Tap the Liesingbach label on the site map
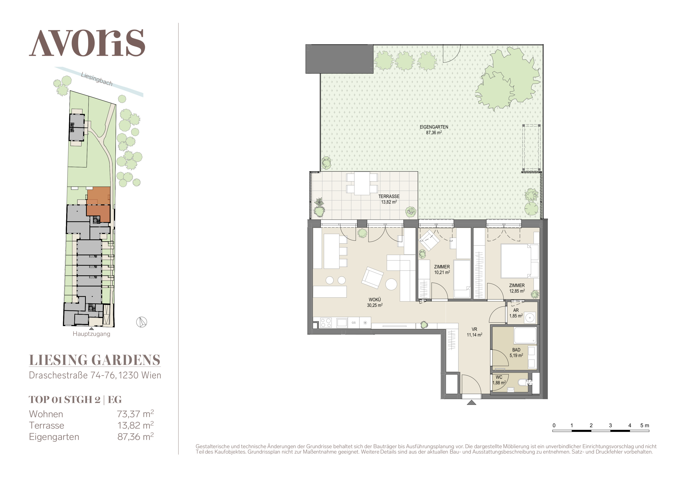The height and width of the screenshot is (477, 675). click(97, 79)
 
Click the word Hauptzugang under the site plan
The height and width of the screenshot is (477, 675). click(91, 334)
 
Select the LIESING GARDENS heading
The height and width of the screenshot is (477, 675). click(95, 360)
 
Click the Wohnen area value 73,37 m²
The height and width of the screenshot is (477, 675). click(136, 414)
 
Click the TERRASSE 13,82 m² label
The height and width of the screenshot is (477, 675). click(389, 199)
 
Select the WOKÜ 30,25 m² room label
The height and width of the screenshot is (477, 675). click(375, 302)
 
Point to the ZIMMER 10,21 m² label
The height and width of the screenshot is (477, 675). click(442, 269)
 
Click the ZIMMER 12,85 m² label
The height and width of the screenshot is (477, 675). click(517, 288)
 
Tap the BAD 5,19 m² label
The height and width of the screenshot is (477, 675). click(516, 352)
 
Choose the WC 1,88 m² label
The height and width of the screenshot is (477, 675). click(499, 380)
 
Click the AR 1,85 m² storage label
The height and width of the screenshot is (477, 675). click(516, 313)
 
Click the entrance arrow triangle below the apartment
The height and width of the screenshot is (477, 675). click(472, 402)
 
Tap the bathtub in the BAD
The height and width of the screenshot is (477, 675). click(525, 335)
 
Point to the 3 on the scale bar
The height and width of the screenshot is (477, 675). click(610, 425)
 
